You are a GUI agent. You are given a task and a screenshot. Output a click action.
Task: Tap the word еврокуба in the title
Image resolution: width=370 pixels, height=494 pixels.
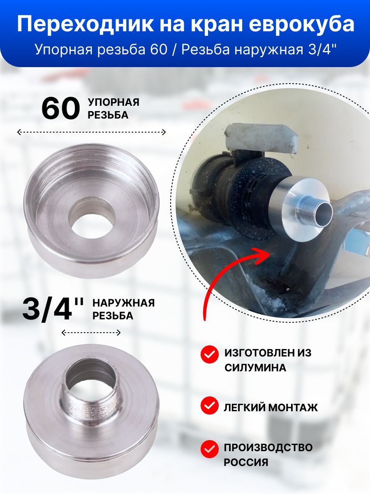point(302,24)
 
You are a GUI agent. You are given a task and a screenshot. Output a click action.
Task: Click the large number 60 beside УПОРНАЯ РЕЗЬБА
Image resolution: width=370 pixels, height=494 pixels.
point(60,109)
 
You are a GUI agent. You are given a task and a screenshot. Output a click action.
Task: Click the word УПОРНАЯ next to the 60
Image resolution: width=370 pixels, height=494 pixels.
point(113,102)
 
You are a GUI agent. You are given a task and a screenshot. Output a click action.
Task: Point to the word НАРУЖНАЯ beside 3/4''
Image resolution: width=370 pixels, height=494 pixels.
point(124,303)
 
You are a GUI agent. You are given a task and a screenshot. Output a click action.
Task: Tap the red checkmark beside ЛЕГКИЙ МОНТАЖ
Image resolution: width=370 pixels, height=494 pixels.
point(209,408)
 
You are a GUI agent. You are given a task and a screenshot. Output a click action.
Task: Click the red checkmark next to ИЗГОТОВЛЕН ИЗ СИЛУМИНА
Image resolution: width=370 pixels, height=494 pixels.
point(209,354)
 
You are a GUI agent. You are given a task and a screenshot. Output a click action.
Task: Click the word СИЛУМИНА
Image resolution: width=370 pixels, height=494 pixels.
point(255,368)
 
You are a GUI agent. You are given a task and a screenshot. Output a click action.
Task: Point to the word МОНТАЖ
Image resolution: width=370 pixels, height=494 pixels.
point(293,408)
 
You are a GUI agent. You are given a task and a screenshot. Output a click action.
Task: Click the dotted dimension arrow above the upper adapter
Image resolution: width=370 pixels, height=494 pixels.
point(91,132)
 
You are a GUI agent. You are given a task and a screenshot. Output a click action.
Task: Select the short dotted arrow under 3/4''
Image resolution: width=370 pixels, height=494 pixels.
point(91,332)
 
